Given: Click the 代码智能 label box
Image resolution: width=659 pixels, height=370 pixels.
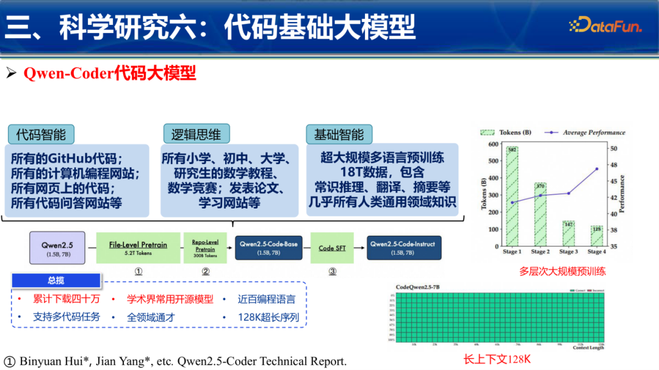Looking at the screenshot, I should coord(41,134).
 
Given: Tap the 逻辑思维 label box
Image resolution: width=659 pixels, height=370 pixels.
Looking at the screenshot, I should coord(196,134).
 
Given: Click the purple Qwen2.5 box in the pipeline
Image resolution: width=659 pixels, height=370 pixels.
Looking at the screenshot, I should coord(57,247).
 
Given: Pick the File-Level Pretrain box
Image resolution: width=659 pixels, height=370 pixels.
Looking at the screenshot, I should coord(139,247).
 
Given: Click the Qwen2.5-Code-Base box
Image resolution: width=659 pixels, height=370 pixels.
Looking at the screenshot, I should coord(268,247).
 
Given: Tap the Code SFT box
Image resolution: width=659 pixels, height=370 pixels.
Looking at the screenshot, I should coord(332,247).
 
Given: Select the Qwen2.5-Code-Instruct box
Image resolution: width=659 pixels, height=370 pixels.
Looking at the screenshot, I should coord(403,247).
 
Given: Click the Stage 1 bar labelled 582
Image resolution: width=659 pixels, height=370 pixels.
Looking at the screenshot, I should coord(511,198).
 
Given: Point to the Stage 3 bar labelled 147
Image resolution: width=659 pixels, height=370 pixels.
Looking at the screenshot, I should coord(568,234).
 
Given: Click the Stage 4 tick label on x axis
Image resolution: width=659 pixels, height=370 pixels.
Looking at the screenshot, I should coord(596,252).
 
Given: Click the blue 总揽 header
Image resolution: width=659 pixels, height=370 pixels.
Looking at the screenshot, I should coord(56,281).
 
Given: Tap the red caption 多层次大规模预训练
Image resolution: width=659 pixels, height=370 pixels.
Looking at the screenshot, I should coord(562,271).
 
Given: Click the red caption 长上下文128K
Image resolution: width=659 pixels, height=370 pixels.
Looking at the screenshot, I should coord(497,359).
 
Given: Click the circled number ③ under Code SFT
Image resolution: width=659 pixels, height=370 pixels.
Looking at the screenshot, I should coord(332,271).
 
